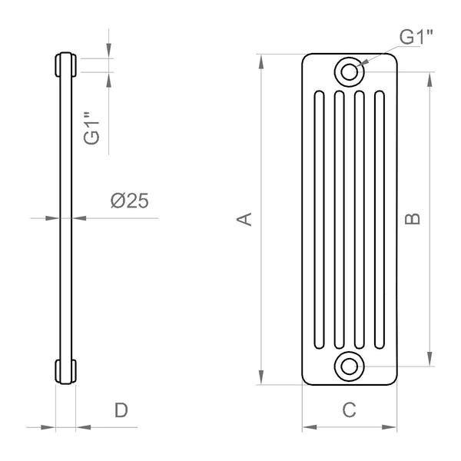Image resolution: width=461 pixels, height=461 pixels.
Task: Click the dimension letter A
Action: tap(244, 219)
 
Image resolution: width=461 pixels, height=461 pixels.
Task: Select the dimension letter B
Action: tap(413, 219)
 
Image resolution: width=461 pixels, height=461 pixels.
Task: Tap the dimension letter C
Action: tap(350, 410)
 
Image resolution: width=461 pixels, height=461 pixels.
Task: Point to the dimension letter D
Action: tap(121, 410)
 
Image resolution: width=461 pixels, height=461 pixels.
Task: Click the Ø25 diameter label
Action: tap(129, 201)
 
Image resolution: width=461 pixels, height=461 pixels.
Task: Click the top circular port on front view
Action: tap(350, 71)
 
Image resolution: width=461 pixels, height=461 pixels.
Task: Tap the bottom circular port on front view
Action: tap(350, 364)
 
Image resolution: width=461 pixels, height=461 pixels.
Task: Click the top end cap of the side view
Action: tap(65, 65)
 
